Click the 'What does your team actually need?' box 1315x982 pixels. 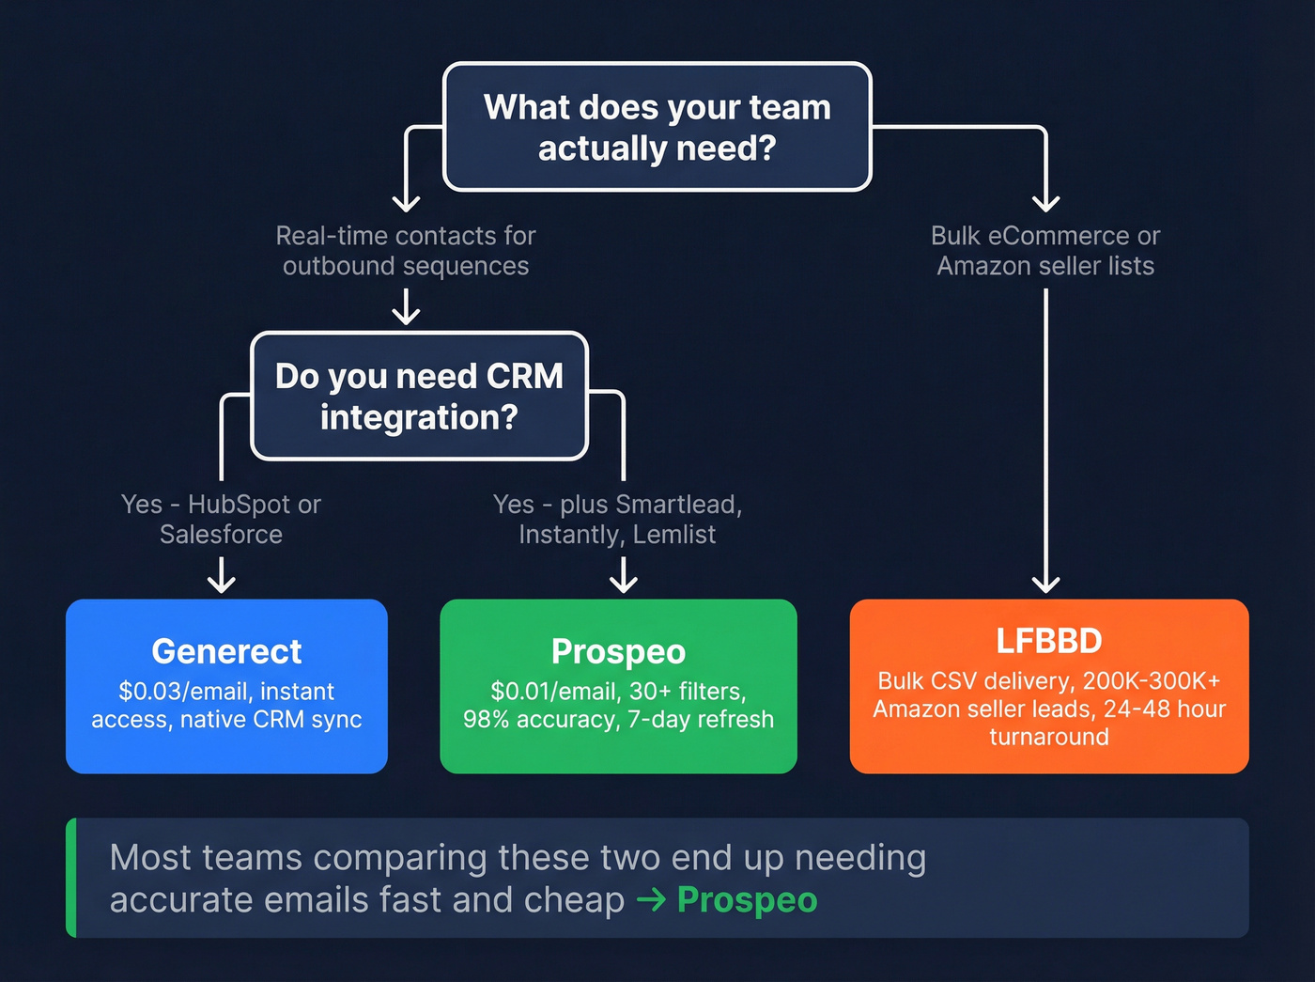657,127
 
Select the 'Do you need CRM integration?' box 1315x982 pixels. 419,396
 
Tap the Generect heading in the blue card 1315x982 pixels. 226,651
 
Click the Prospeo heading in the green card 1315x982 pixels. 618,651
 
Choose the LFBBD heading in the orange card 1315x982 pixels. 1048,641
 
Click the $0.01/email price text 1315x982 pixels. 553,692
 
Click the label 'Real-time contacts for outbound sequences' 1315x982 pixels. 406,251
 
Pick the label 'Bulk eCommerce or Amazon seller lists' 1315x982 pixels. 1045,251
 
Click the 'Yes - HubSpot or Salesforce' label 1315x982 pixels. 221,519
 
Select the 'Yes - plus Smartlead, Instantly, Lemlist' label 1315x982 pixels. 618,519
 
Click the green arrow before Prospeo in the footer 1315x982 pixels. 651,900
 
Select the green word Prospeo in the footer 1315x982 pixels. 747,900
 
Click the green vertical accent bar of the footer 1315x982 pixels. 71,878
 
